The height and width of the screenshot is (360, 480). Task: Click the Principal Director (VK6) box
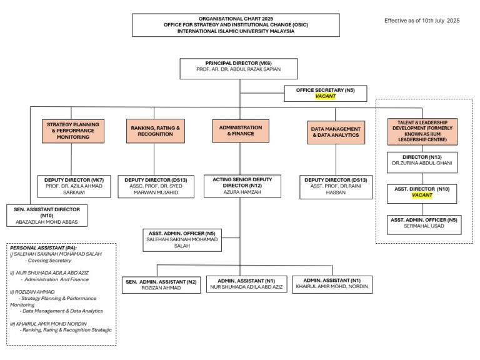click(241, 68)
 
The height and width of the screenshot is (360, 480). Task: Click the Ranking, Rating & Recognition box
click(155, 131)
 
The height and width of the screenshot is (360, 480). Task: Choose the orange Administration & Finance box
click(241, 131)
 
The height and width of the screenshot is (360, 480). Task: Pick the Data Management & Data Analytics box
click(335, 131)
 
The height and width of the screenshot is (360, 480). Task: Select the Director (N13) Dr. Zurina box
click(422, 162)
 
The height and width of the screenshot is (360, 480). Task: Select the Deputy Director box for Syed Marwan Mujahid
click(156, 186)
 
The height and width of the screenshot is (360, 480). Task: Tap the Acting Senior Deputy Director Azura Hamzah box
click(241, 186)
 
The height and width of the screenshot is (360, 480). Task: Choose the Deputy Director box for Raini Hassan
click(335, 186)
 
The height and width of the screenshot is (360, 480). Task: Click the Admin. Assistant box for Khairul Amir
click(332, 284)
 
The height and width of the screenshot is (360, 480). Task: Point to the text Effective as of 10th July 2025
click(422, 21)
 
